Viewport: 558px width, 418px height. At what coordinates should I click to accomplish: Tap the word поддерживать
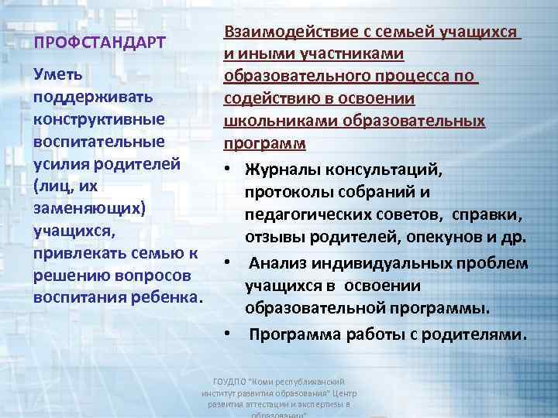pos(93,98)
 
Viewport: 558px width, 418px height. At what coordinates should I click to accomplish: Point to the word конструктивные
pos(99,121)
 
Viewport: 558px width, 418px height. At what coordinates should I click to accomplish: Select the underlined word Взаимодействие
pos(290,33)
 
